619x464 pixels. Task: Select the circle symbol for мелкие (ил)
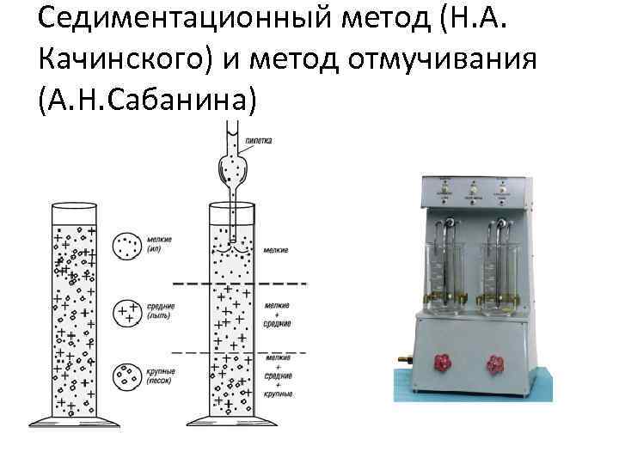pyautogui.click(x=129, y=247)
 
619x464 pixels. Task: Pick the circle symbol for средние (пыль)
pyautogui.click(x=129, y=311)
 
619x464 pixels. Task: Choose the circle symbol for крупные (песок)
pyautogui.click(x=129, y=375)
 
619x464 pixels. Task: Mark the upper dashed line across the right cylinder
pyautogui.click(x=241, y=283)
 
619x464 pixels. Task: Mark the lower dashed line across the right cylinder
pyautogui.click(x=241, y=352)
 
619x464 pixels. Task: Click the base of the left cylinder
pyautogui.click(x=79, y=424)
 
